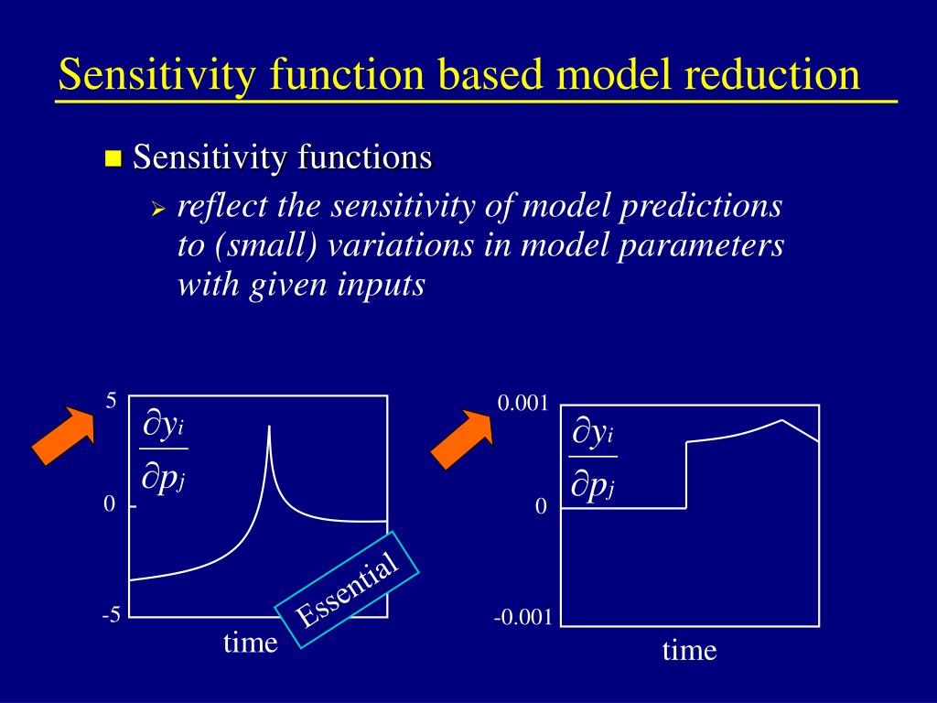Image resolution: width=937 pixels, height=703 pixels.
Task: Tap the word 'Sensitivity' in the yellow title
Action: [157, 75]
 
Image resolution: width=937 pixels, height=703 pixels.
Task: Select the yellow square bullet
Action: [113, 158]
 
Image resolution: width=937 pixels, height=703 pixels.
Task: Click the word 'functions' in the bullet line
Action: [364, 157]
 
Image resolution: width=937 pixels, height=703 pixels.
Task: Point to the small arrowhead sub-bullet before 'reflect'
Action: [157, 210]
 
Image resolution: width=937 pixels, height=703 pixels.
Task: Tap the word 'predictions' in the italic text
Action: [700, 207]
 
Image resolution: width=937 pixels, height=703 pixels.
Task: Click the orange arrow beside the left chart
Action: [63, 435]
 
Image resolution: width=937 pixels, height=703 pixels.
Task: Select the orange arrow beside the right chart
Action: [462, 438]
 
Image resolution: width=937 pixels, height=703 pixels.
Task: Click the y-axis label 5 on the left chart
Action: [111, 401]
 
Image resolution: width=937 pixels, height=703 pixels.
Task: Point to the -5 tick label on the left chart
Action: [112, 614]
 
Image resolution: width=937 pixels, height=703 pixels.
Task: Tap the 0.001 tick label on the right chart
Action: [522, 404]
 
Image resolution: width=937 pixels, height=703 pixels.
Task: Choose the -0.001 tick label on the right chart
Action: [522, 617]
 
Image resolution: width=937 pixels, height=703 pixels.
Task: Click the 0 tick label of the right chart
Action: [541, 507]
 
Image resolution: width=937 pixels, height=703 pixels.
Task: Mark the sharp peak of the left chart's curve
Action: [269, 427]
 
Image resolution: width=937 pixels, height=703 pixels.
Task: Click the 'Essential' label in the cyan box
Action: [347, 590]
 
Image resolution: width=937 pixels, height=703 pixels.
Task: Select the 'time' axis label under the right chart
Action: [689, 651]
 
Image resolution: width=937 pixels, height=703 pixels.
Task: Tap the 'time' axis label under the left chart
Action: [251, 644]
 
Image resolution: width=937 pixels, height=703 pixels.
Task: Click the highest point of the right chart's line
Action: [781, 419]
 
